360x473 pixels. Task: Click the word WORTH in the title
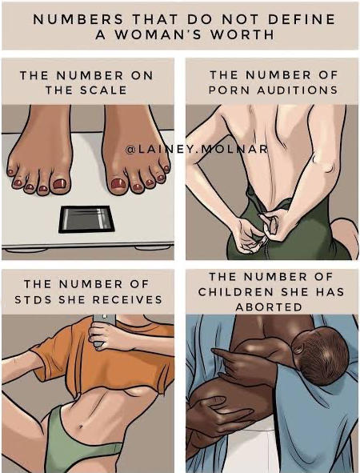[242, 34]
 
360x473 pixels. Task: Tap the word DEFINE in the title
[302, 19]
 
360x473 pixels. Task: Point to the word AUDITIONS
[298, 90]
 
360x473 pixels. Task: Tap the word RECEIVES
[127, 299]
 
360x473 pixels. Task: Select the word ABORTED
[269, 307]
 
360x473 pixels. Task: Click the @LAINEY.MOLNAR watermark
[196, 149]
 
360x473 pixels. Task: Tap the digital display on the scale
[86, 218]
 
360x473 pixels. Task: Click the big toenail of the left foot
[59, 183]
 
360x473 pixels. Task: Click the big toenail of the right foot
[118, 184]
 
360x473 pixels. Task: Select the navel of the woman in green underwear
[81, 427]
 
